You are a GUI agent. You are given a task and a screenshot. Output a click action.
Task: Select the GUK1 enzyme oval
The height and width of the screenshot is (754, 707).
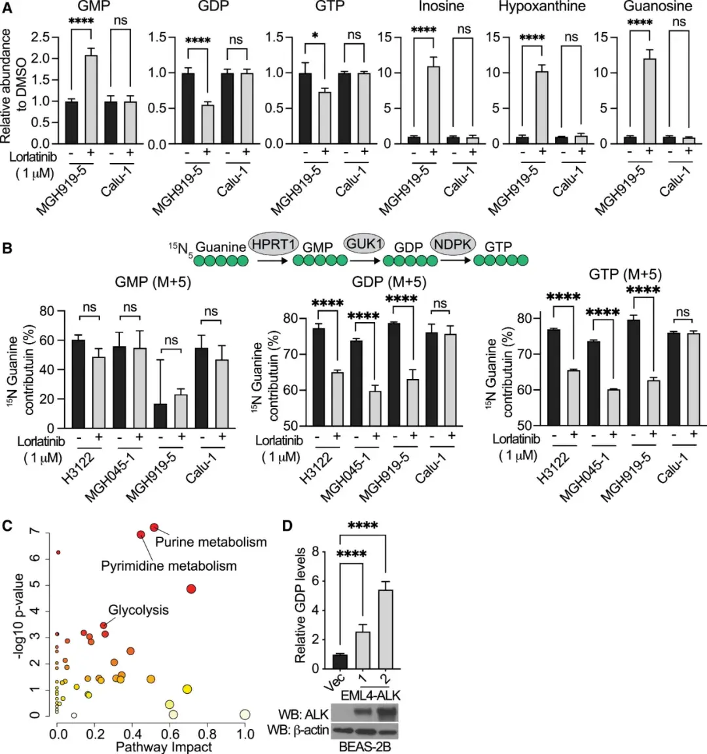[x=365, y=243]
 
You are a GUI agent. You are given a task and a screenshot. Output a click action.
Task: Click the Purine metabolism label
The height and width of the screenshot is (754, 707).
[x=211, y=542]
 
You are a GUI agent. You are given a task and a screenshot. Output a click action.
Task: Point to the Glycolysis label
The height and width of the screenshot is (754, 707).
[x=138, y=610]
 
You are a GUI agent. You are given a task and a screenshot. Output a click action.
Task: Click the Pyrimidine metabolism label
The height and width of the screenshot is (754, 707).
[x=169, y=565]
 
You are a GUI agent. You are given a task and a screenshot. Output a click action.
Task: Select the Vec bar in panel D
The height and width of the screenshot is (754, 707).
[x=340, y=661]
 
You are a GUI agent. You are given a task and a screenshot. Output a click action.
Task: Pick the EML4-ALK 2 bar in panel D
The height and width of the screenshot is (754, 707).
[x=386, y=629]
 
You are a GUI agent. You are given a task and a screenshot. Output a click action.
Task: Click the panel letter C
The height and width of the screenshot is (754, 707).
[x=8, y=525]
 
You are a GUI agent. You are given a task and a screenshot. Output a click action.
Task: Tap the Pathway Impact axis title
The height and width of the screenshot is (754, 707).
[x=164, y=746]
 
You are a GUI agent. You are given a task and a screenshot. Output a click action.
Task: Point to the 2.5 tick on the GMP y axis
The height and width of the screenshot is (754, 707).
[x=41, y=37]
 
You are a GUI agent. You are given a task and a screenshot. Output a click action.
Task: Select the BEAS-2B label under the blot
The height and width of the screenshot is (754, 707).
[x=363, y=746]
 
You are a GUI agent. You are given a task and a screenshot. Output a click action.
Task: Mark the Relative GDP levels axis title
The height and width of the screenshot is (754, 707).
[x=301, y=605]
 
